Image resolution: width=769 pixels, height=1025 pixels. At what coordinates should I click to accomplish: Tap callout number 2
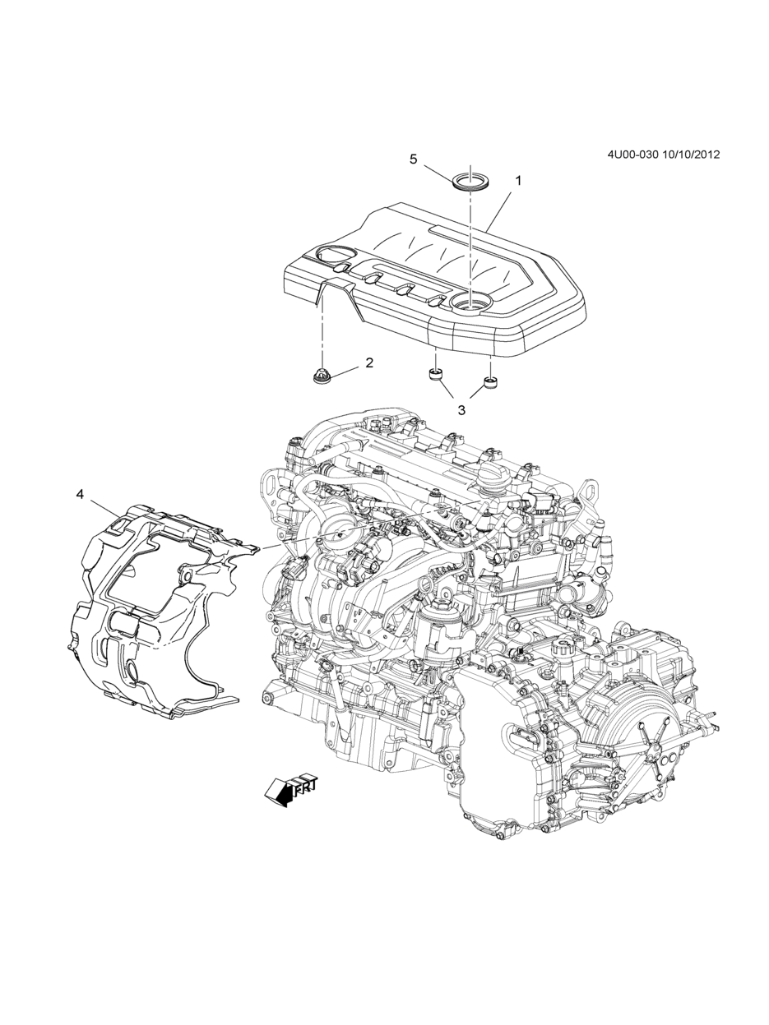[x=369, y=362]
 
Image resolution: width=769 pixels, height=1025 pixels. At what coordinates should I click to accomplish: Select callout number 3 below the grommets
[x=461, y=410]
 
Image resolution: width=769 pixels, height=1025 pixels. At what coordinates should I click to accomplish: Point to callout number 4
[x=80, y=495]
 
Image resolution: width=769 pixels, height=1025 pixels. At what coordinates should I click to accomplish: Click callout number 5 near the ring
[x=414, y=159]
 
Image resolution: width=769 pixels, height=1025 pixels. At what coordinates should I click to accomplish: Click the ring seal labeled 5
[x=470, y=180]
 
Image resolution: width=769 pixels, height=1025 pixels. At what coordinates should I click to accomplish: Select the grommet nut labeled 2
[x=322, y=376]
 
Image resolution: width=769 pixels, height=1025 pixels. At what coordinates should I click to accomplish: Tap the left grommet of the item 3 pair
[x=435, y=374]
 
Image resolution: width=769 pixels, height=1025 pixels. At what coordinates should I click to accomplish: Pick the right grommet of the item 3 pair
[x=490, y=382]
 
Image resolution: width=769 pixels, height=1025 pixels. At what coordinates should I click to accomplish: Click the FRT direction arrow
[x=290, y=788]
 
